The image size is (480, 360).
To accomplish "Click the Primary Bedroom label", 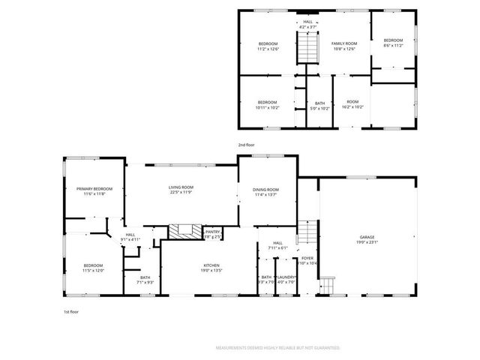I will [94, 189].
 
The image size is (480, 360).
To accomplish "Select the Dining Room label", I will [265, 190].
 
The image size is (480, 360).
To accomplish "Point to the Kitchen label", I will [211, 266].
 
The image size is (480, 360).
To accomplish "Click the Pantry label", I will [213, 232].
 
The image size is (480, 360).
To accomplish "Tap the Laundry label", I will [287, 277].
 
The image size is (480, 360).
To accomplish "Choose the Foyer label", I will [307, 259].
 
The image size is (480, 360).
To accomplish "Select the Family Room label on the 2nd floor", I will [344, 44].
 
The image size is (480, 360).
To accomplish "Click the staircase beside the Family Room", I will [306, 51].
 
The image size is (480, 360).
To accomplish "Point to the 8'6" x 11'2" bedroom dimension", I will [393, 46].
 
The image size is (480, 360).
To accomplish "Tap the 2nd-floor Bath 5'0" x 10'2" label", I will [320, 106].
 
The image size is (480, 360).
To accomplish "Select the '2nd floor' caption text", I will [247, 144].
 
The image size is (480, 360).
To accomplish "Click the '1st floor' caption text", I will [71, 310].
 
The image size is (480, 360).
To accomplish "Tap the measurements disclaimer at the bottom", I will [277, 348].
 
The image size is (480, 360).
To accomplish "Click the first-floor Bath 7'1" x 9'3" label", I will [145, 280].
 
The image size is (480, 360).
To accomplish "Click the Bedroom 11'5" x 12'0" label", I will [93, 267].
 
